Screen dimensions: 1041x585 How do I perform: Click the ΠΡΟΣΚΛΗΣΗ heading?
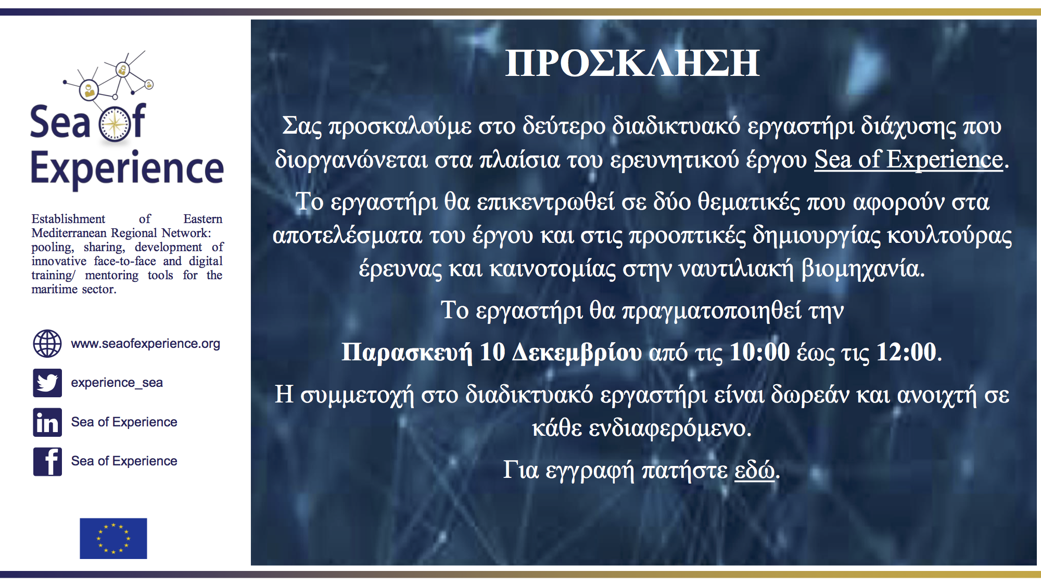click(632, 63)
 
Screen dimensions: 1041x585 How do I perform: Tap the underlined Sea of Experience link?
click(908, 159)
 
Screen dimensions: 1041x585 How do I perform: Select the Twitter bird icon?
click(47, 383)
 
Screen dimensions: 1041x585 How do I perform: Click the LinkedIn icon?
click(47, 422)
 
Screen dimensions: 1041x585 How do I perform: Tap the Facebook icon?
click(47, 462)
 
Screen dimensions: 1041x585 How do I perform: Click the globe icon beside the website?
click(47, 343)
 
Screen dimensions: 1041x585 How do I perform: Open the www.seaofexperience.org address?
click(146, 344)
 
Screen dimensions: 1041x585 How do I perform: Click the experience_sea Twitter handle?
click(117, 383)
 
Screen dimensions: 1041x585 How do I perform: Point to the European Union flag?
click(113, 538)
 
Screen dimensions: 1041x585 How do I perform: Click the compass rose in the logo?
click(116, 124)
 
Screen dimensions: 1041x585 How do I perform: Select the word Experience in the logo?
click(128, 169)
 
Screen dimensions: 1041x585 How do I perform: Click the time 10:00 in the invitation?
click(760, 352)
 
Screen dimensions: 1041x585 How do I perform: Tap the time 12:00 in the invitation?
click(907, 352)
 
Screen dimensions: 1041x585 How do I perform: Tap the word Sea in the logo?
click(60, 122)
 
